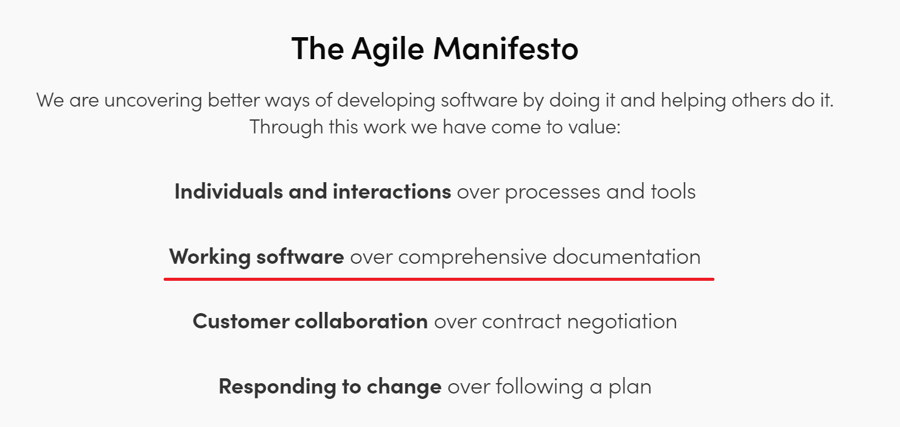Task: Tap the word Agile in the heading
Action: pyautogui.click(x=388, y=49)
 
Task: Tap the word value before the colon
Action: pyautogui.click(x=592, y=127)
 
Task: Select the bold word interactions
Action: pyautogui.click(x=391, y=191)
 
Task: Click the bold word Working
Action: pyautogui.click(x=209, y=257)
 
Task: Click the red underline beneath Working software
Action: pyautogui.click(x=438, y=279)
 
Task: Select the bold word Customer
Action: pyautogui.click(x=240, y=321)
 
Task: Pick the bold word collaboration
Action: pyautogui.click(x=361, y=321)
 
